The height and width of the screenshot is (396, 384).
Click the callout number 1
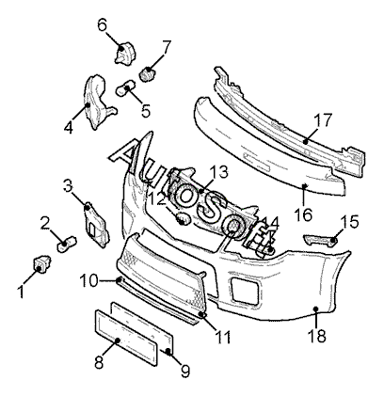coord(22,292)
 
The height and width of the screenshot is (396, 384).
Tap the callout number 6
coord(103,24)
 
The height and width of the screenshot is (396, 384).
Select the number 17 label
coord(323,120)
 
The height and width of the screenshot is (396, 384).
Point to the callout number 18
coord(317,336)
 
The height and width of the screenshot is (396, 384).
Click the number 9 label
coord(185,372)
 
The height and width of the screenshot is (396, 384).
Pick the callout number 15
coord(349,222)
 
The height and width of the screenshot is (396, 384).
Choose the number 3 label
coord(68,185)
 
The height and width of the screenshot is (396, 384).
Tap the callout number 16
coord(303,214)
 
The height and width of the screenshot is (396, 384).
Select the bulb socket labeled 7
coord(146,74)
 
